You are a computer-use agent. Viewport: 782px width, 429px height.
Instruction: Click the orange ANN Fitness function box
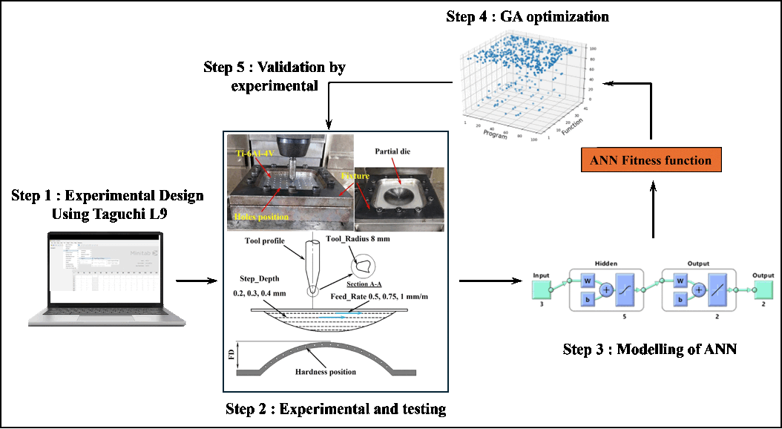(651, 160)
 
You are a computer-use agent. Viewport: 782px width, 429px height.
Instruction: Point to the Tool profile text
(269, 240)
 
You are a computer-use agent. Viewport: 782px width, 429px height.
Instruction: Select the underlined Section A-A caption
(365, 283)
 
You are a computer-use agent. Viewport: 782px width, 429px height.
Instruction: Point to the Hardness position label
(326, 372)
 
